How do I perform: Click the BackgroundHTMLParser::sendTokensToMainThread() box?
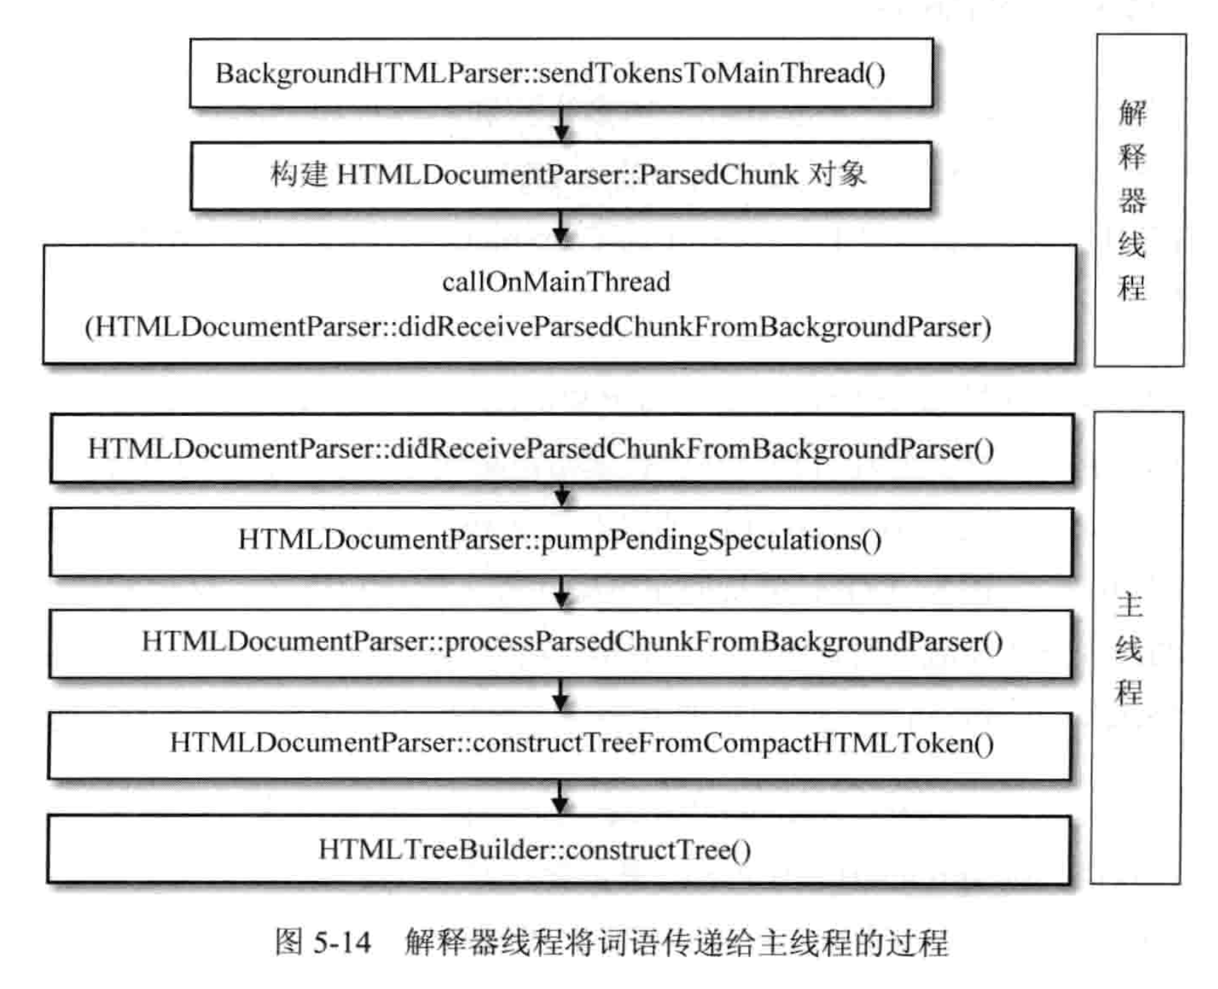pos(561,73)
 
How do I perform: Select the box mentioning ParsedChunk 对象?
pos(561,175)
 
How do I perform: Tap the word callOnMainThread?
pos(556,282)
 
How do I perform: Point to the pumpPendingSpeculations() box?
pos(560,540)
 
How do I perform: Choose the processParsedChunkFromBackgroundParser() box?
pos(560,642)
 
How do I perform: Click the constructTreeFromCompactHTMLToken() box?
pos(559,744)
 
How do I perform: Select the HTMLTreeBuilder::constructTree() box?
pos(559,849)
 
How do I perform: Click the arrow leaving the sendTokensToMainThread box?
pos(562,125)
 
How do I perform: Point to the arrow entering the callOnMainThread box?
pos(561,228)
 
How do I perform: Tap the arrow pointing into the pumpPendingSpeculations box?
pos(562,495)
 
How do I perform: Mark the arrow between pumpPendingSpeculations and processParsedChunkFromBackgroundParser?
pos(562,593)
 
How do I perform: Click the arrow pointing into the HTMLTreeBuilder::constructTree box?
pos(560,798)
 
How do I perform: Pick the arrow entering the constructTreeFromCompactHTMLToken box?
pos(561,696)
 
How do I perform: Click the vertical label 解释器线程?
pos(1132,200)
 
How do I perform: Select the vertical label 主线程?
pos(1129,648)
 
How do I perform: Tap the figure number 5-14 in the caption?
pos(342,942)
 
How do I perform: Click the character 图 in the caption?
pos(289,942)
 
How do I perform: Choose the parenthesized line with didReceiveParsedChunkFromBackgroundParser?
pos(538,327)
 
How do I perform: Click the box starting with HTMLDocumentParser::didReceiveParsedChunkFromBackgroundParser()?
pos(561,449)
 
